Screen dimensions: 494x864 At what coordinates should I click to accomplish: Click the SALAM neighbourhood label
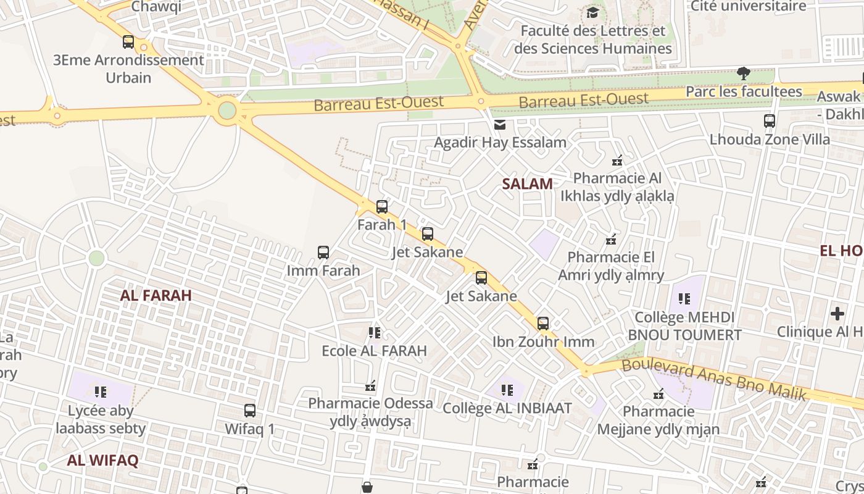pos(527,183)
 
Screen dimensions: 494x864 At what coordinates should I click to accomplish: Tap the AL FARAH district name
pos(156,295)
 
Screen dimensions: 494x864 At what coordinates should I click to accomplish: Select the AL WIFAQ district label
pos(102,460)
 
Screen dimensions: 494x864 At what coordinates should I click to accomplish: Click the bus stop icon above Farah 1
pos(382,207)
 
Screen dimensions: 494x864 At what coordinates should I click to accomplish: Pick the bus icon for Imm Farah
pos(323,253)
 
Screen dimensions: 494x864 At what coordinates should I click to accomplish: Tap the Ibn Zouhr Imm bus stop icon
pos(543,324)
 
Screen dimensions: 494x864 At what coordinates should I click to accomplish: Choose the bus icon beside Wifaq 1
pos(250,411)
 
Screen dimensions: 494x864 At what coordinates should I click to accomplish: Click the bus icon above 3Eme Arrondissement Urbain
pos(128,42)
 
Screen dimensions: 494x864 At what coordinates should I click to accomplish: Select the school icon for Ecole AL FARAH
pos(375,333)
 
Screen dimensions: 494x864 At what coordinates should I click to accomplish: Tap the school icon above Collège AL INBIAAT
pos(507,390)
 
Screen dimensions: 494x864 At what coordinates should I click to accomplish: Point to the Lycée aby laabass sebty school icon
pos(101,391)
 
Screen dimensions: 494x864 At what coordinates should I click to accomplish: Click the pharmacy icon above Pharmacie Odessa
pos(370,387)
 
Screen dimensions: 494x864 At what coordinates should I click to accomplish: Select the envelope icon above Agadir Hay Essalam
pos(500,125)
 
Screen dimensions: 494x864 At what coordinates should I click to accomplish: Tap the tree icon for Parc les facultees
pos(744,73)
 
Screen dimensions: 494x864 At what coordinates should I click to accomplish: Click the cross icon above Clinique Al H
pos(837,314)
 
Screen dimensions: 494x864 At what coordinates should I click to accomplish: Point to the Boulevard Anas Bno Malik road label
pos(714,379)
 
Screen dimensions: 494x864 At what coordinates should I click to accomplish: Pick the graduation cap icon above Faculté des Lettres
pos(592,12)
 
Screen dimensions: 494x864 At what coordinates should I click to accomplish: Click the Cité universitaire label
pos(748,6)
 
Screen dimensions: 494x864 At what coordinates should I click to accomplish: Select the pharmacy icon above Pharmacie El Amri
pos(611,239)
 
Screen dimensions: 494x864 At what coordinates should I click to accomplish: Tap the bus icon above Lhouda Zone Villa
pos(770,121)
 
